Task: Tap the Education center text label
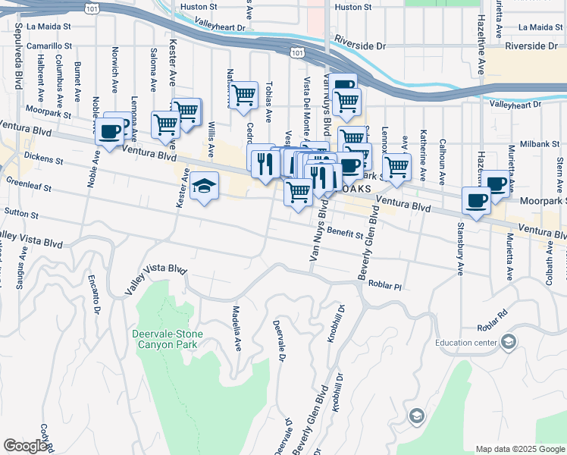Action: pyautogui.click(x=466, y=342)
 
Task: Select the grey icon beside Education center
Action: pyautogui.click(x=509, y=343)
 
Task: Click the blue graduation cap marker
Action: pyautogui.click(x=204, y=187)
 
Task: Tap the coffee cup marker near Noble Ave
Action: pyautogui.click(x=110, y=132)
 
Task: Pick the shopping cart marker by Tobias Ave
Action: pyautogui.click(x=244, y=96)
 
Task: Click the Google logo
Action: pyautogui.click(x=25, y=446)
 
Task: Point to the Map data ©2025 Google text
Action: pyautogui.click(x=519, y=449)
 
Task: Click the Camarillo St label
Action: pyautogui.click(x=49, y=45)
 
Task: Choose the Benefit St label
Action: pyautogui.click(x=347, y=235)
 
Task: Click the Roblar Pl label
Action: pyautogui.click(x=384, y=286)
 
